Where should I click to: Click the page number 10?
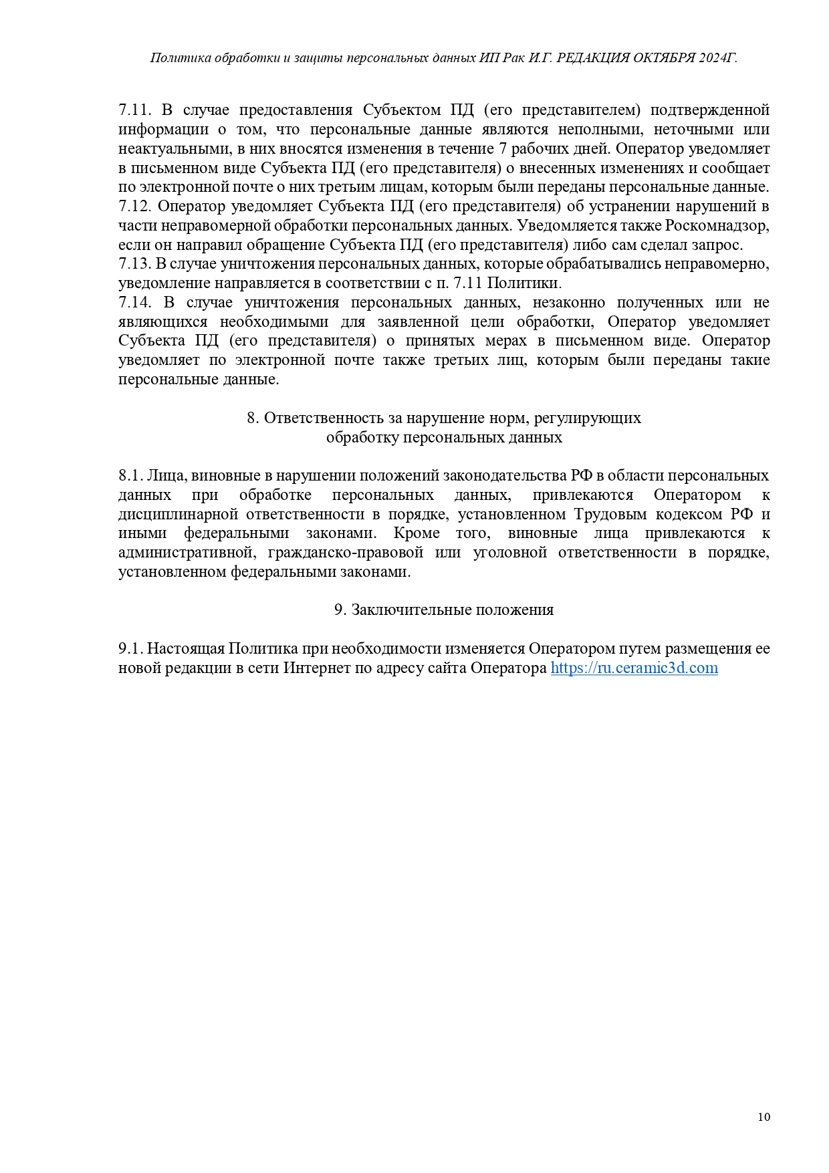[x=764, y=1117]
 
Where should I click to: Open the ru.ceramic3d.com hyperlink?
[x=634, y=668]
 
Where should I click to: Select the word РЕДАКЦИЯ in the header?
[x=589, y=58]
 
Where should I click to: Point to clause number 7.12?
[x=135, y=206]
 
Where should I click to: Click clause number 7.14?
[x=135, y=302]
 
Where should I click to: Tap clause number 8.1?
[x=130, y=476]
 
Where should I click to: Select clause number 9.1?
[x=130, y=648]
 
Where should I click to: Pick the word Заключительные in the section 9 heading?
[x=411, y=610]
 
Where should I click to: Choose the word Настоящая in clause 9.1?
[x=186, y=648]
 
